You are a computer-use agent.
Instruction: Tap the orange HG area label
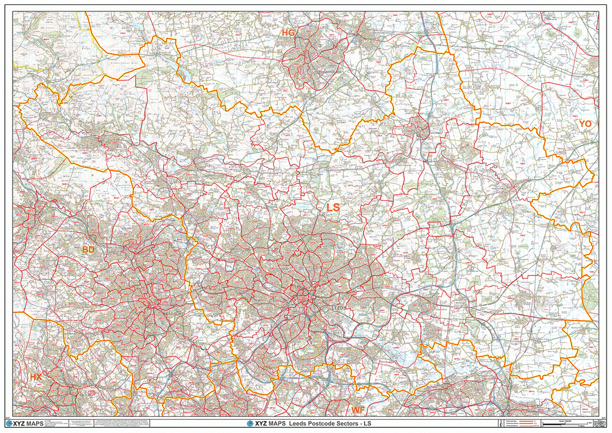click(289, 32)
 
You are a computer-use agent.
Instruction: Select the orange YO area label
click(585, 123)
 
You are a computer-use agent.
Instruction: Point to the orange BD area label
click(88, 249)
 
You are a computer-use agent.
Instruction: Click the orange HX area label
click(36, 377)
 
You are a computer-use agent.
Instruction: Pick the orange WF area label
click(358, 410)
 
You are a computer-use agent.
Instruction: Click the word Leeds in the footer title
click(302, 424)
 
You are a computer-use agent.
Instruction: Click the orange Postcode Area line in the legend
click(527, 421)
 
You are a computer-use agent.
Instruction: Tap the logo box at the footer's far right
click(595, 423)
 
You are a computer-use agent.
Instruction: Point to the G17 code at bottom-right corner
click(602, 417)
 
